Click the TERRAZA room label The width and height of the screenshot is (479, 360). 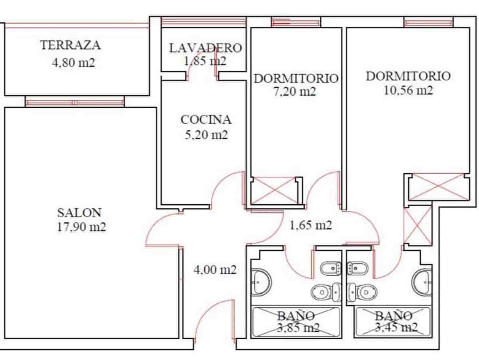click(70, 45)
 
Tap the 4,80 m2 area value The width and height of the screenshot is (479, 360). click(73, 63)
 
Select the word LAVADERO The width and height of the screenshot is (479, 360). click(206, 48)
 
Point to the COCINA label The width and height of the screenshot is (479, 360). click(206, 119)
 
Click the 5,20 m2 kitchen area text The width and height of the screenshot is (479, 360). click(206, 135)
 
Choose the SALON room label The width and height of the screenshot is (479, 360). click(79, 212)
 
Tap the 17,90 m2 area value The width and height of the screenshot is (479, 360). click(81, 227)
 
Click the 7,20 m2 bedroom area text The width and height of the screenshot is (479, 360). click(296, 92)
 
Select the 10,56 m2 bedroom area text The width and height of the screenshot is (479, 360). click(408, 91)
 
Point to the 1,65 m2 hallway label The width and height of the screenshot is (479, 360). click(311, 225)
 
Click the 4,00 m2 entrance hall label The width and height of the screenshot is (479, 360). click(215, 270)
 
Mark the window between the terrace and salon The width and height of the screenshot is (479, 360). click(75, 102)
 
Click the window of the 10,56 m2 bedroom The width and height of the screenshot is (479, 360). click(428, 22)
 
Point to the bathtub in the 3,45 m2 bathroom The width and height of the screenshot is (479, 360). click(394, 322)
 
